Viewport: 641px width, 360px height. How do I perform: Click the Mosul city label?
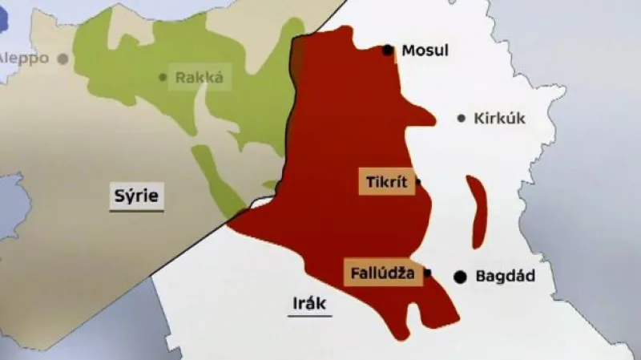(x=425, y=51)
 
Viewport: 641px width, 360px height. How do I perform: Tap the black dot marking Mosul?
(x=389, y=51)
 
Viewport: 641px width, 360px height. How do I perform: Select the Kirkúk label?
(x=499, y=118)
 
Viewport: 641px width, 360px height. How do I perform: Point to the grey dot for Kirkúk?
(x=462, y=119)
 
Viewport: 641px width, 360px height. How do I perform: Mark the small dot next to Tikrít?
(x=418, y=182)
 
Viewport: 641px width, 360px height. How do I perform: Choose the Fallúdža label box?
(x=383, y=273)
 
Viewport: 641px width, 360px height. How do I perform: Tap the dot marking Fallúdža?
(x=427, y=273)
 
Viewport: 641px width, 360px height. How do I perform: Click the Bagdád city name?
(x=505, y=277)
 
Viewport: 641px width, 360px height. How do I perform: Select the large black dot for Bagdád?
(x=460, y=277)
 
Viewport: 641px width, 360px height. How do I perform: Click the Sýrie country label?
(x=137, y=196)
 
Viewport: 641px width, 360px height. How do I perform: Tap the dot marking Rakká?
(x=163, y=78)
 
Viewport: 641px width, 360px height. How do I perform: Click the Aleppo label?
(x=24, y=58)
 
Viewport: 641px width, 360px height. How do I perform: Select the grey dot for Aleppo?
(x=62, y=59)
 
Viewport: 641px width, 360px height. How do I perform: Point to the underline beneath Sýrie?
(x=137, y=210)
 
